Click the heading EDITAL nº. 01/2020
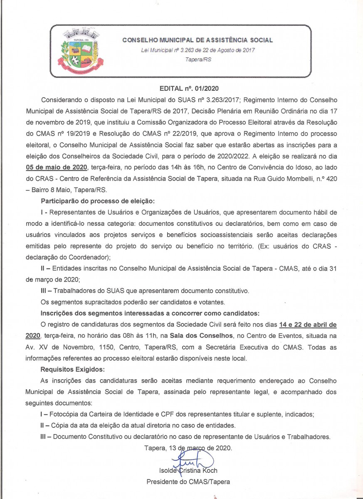[x=189, y=89]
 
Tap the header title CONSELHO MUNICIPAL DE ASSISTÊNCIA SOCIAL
[x=198, y=40]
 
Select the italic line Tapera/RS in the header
[x=198, y=59]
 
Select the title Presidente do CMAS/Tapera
[x=188, y=482]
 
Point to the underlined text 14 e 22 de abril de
[x=308, y=324]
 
